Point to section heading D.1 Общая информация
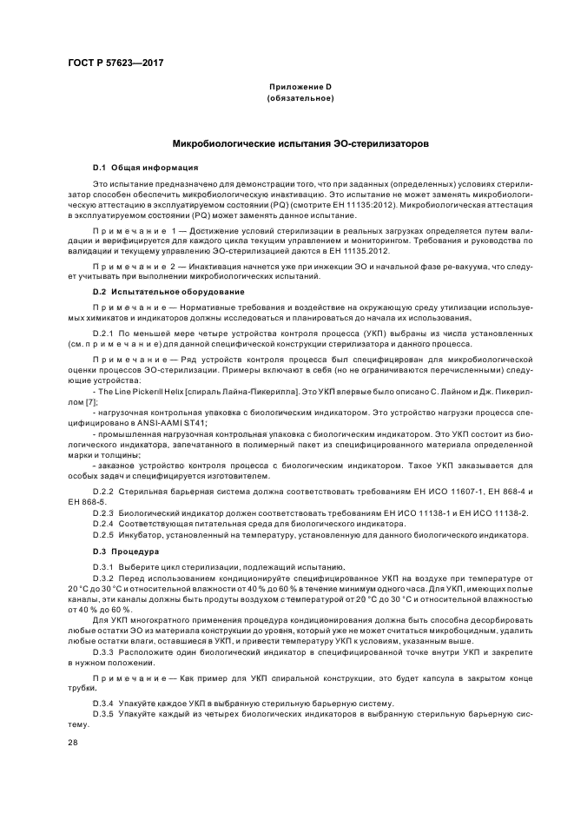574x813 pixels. coord(146,167)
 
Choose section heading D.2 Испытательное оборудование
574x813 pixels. coord(168,291)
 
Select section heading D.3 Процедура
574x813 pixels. coord(126,551)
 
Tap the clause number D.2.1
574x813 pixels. coord(104,332)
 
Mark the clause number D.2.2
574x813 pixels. coord(104,492)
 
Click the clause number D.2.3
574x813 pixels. coord(104,512)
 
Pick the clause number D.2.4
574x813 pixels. coord(104,523)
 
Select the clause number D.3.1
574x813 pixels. coord(104,565)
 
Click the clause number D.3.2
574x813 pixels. coord(104,576)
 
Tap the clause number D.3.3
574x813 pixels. coord(104,650)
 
